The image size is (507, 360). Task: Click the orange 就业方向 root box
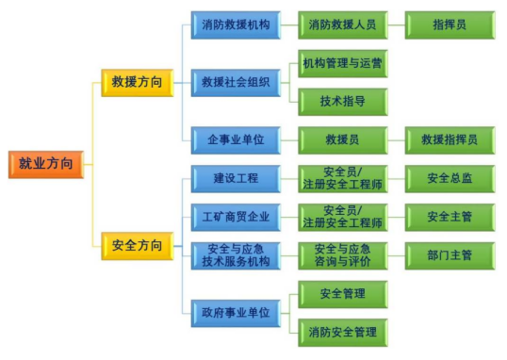point(46,164)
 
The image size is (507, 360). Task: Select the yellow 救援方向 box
point(138,83)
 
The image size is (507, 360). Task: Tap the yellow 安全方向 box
point(138,246)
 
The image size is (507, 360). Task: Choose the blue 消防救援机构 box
point(236,25)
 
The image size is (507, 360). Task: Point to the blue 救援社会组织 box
point(236,83)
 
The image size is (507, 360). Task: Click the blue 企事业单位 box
point(236,140)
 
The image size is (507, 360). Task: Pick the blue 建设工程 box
point(236,179)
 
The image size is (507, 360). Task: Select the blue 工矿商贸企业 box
point(236,218)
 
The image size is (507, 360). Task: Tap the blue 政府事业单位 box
point(236,314)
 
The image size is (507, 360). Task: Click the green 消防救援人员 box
point(343,25)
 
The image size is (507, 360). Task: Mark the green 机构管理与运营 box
point(343,64)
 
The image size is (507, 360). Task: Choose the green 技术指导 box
point(343,102)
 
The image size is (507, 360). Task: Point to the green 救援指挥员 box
point(450,140)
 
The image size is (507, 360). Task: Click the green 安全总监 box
point(450,179)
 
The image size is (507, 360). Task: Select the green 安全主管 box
point(450,218)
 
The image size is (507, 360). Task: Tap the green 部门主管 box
point(450,255)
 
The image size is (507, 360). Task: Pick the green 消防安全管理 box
point(343,333)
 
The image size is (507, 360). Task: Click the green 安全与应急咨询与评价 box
point(343,255)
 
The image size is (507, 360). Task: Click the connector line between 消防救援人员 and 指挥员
point(397,25)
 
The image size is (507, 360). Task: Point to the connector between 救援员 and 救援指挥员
point(397,140)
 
